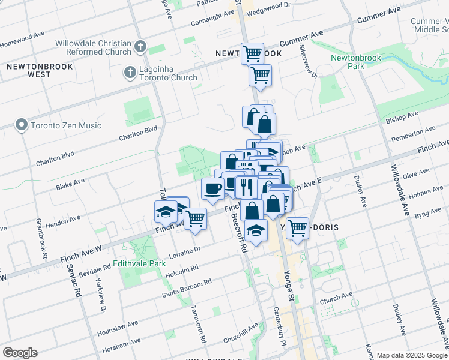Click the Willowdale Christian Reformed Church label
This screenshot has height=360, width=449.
click(93, 47)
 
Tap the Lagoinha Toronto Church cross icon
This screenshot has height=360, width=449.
click(130, 73)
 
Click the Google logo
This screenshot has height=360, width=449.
click(20, 353)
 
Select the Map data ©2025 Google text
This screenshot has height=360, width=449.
click(411, 355)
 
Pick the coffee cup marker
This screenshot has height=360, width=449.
click(212, 189)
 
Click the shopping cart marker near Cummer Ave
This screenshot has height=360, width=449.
click(253, 53)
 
